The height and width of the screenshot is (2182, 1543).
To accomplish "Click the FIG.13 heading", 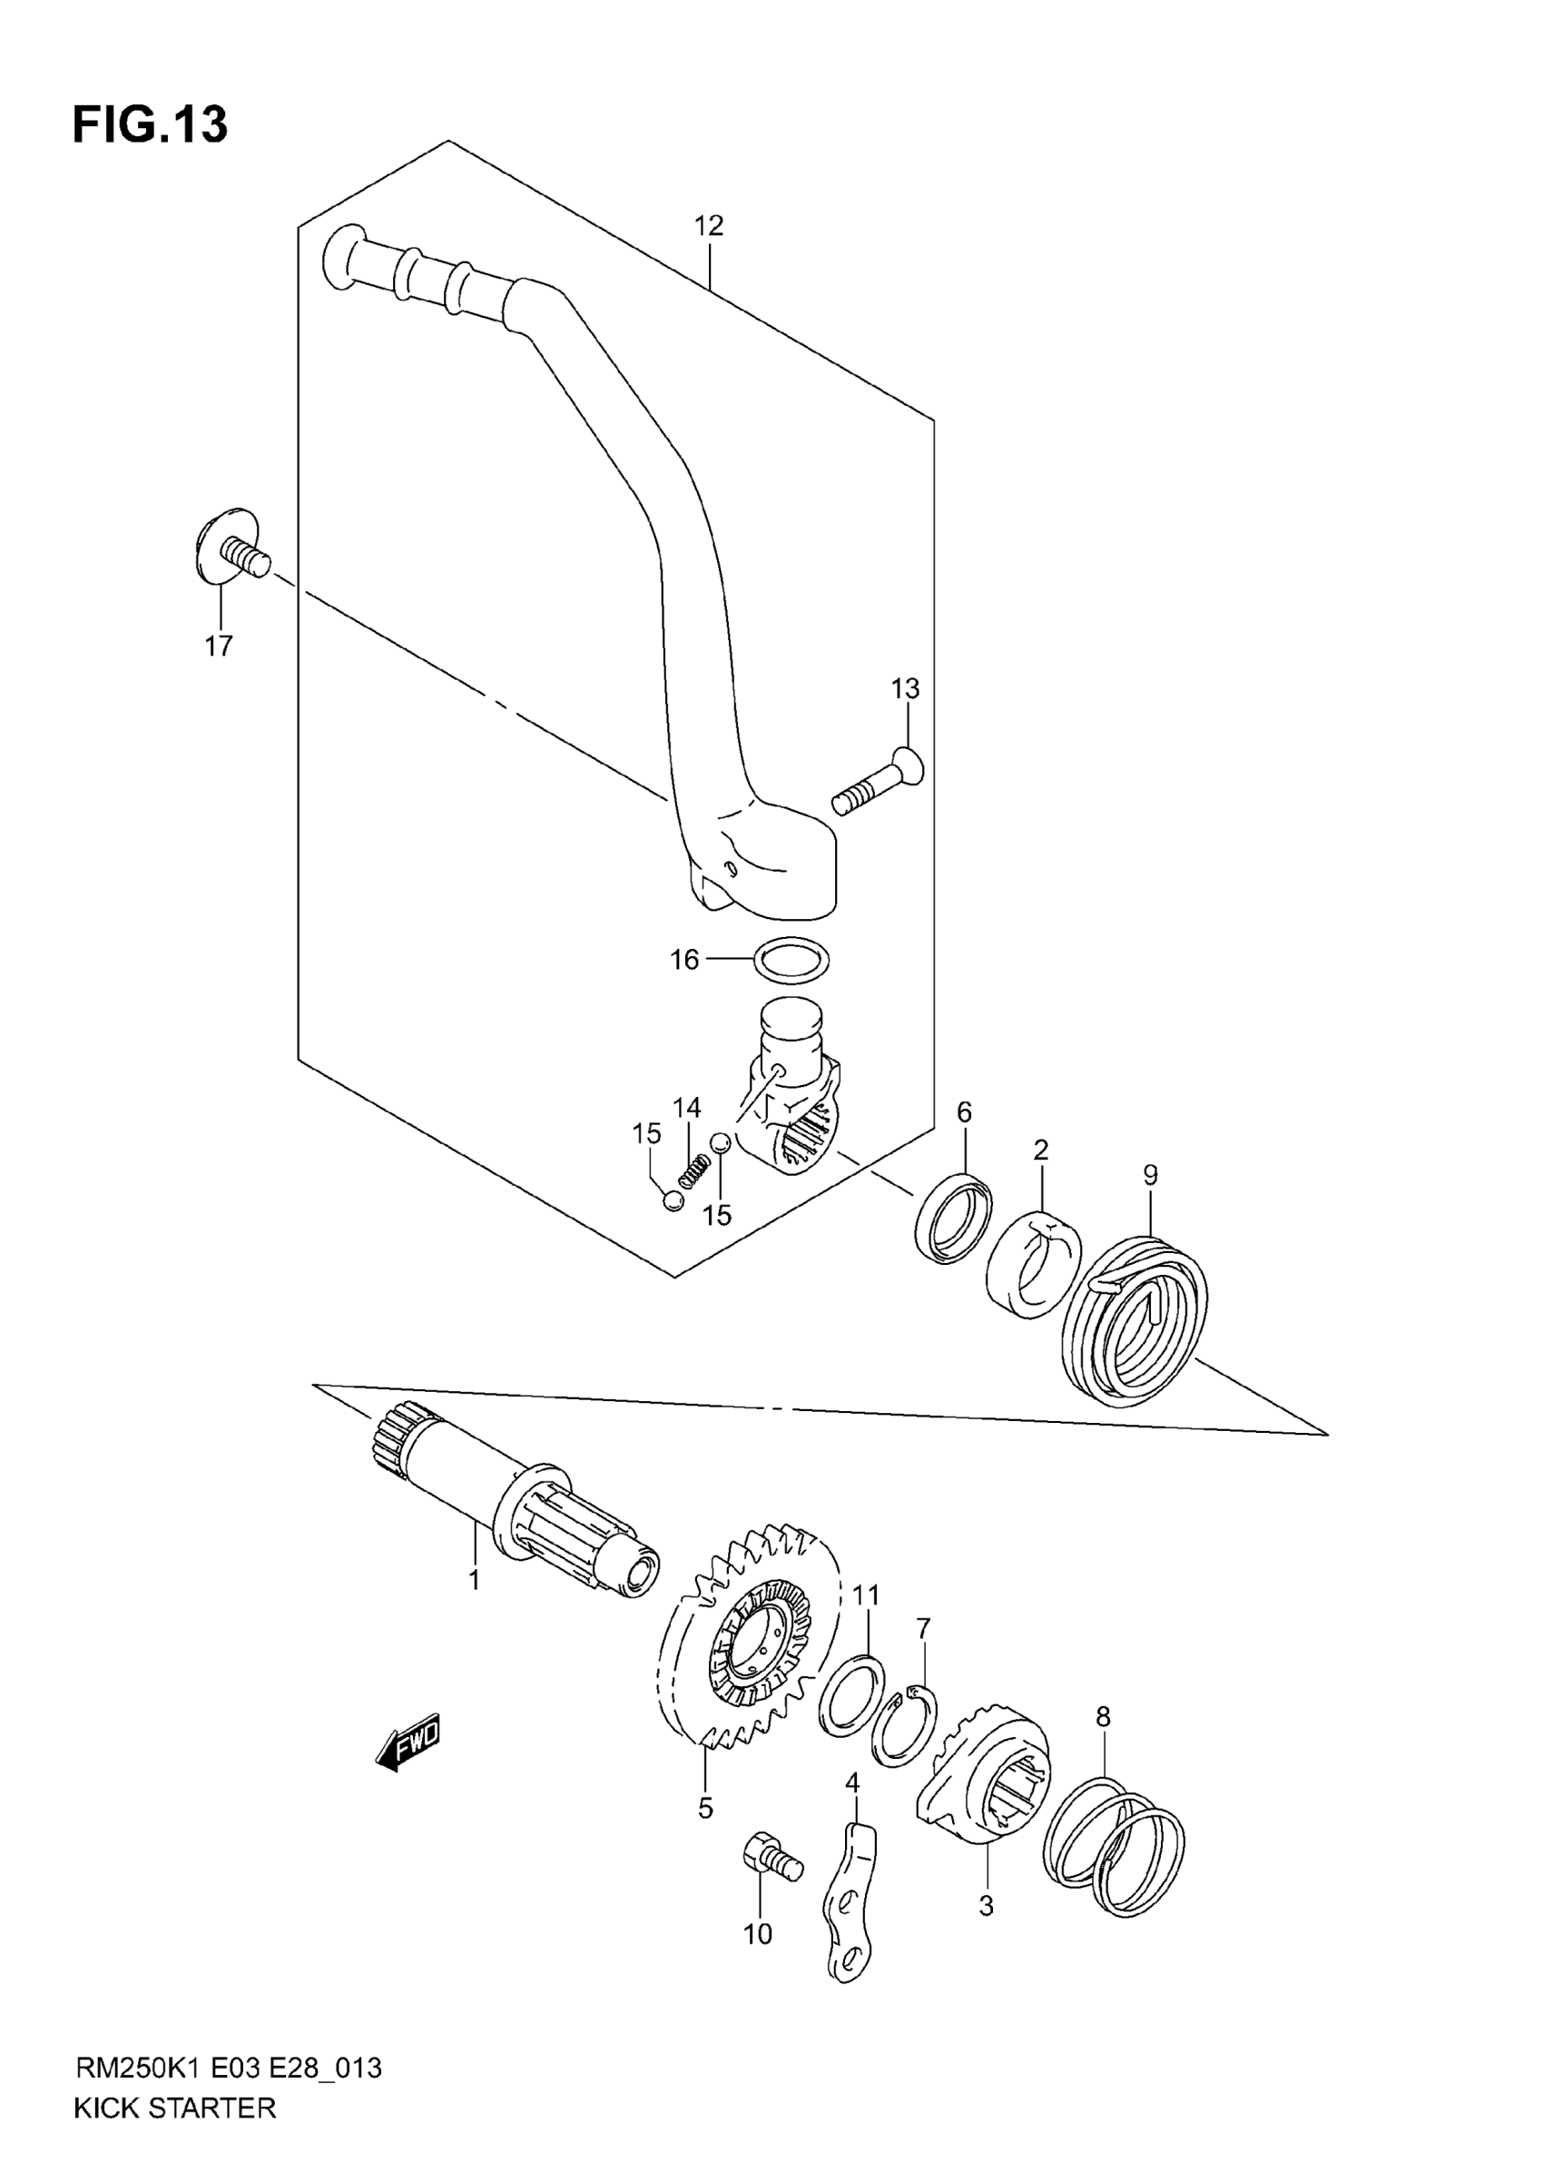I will coord(150,124).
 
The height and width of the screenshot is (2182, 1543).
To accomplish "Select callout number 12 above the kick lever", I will coord(709,225).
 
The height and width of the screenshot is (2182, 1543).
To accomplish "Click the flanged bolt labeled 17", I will coord(231,548).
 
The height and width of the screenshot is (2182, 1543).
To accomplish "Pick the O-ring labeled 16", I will coord(791,960).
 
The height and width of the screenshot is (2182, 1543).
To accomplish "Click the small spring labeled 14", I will coord(695,1168).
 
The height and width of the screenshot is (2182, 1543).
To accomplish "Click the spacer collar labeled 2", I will coord(1034,1265).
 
